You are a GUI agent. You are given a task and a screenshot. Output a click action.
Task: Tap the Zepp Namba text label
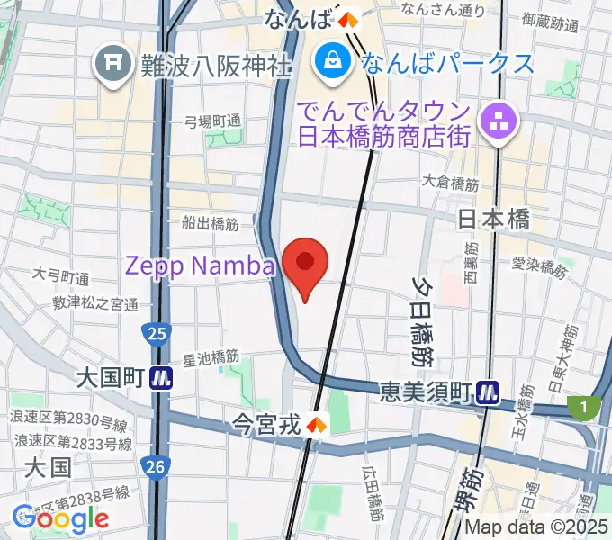(x=199, y=266)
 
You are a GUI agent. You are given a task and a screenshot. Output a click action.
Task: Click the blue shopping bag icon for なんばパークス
(x=332, y=62)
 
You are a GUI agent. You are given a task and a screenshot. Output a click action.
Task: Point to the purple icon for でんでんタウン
(x=496, y=122)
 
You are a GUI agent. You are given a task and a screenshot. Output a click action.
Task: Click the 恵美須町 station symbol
(x=490, y=391)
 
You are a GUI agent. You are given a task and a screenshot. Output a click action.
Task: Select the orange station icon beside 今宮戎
(x=316, y=421)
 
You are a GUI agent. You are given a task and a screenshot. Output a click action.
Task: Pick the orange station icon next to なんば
(x=347, y=17)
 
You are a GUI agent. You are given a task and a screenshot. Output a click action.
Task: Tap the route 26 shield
(x=156, y=465)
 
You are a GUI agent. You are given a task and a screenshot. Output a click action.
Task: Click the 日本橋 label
(x=494, y=220)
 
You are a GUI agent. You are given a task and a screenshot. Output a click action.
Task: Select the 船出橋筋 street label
(x=210, y=220)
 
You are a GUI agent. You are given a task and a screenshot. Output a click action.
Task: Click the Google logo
(x=60, y=518)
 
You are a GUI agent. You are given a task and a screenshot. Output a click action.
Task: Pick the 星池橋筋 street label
(x=212, y=358)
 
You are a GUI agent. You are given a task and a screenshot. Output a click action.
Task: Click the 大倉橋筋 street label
(x=452, y=184)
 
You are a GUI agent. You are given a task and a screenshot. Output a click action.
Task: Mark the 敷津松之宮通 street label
(x=95, y=304)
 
